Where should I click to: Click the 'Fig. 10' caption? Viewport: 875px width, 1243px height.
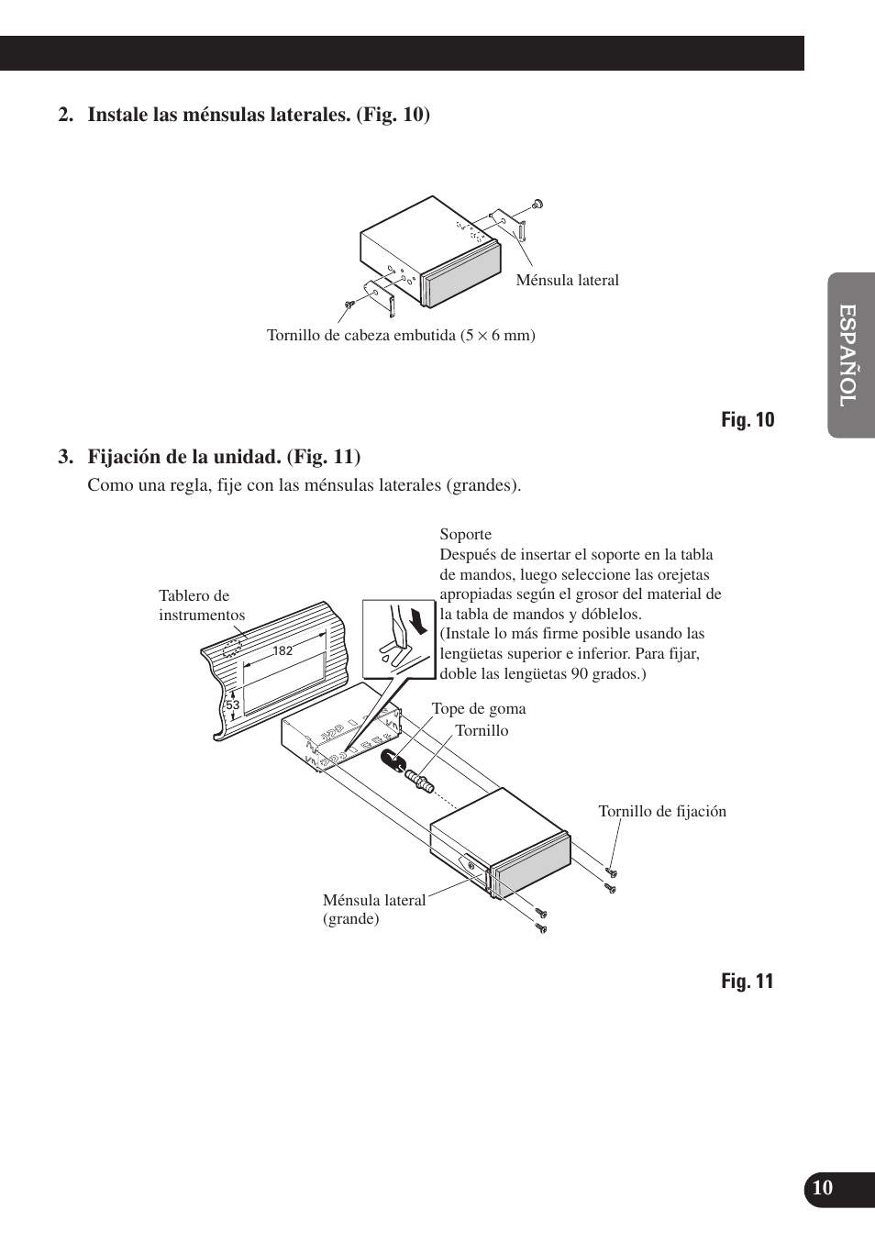(747, 420)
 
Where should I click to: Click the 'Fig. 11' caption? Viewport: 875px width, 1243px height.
(747, 982)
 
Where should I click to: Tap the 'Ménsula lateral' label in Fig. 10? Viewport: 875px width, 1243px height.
(567, 281)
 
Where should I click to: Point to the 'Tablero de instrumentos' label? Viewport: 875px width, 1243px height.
(201, 605)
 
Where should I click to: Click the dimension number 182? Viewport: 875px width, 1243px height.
(282, 650)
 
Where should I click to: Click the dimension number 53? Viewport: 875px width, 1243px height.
(232, 705)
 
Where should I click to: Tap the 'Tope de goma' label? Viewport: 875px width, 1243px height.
(479, 709)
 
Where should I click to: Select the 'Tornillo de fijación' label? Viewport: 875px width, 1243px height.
(661, 812)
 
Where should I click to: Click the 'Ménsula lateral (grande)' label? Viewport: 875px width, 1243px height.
(373, 909)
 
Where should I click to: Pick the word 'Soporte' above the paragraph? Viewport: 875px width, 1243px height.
(465, 535)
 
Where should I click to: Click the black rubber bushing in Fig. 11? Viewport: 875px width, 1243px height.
(393, 760)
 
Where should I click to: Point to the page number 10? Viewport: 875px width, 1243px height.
(823, 1188)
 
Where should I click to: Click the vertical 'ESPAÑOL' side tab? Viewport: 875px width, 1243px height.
(849, 355)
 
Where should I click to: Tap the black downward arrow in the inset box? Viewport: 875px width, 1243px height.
(417, 621)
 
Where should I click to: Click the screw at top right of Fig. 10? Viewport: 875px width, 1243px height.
(538, 204)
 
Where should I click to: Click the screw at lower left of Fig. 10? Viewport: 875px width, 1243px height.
(349, 303)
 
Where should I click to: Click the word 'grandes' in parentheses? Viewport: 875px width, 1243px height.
(482, 485)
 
